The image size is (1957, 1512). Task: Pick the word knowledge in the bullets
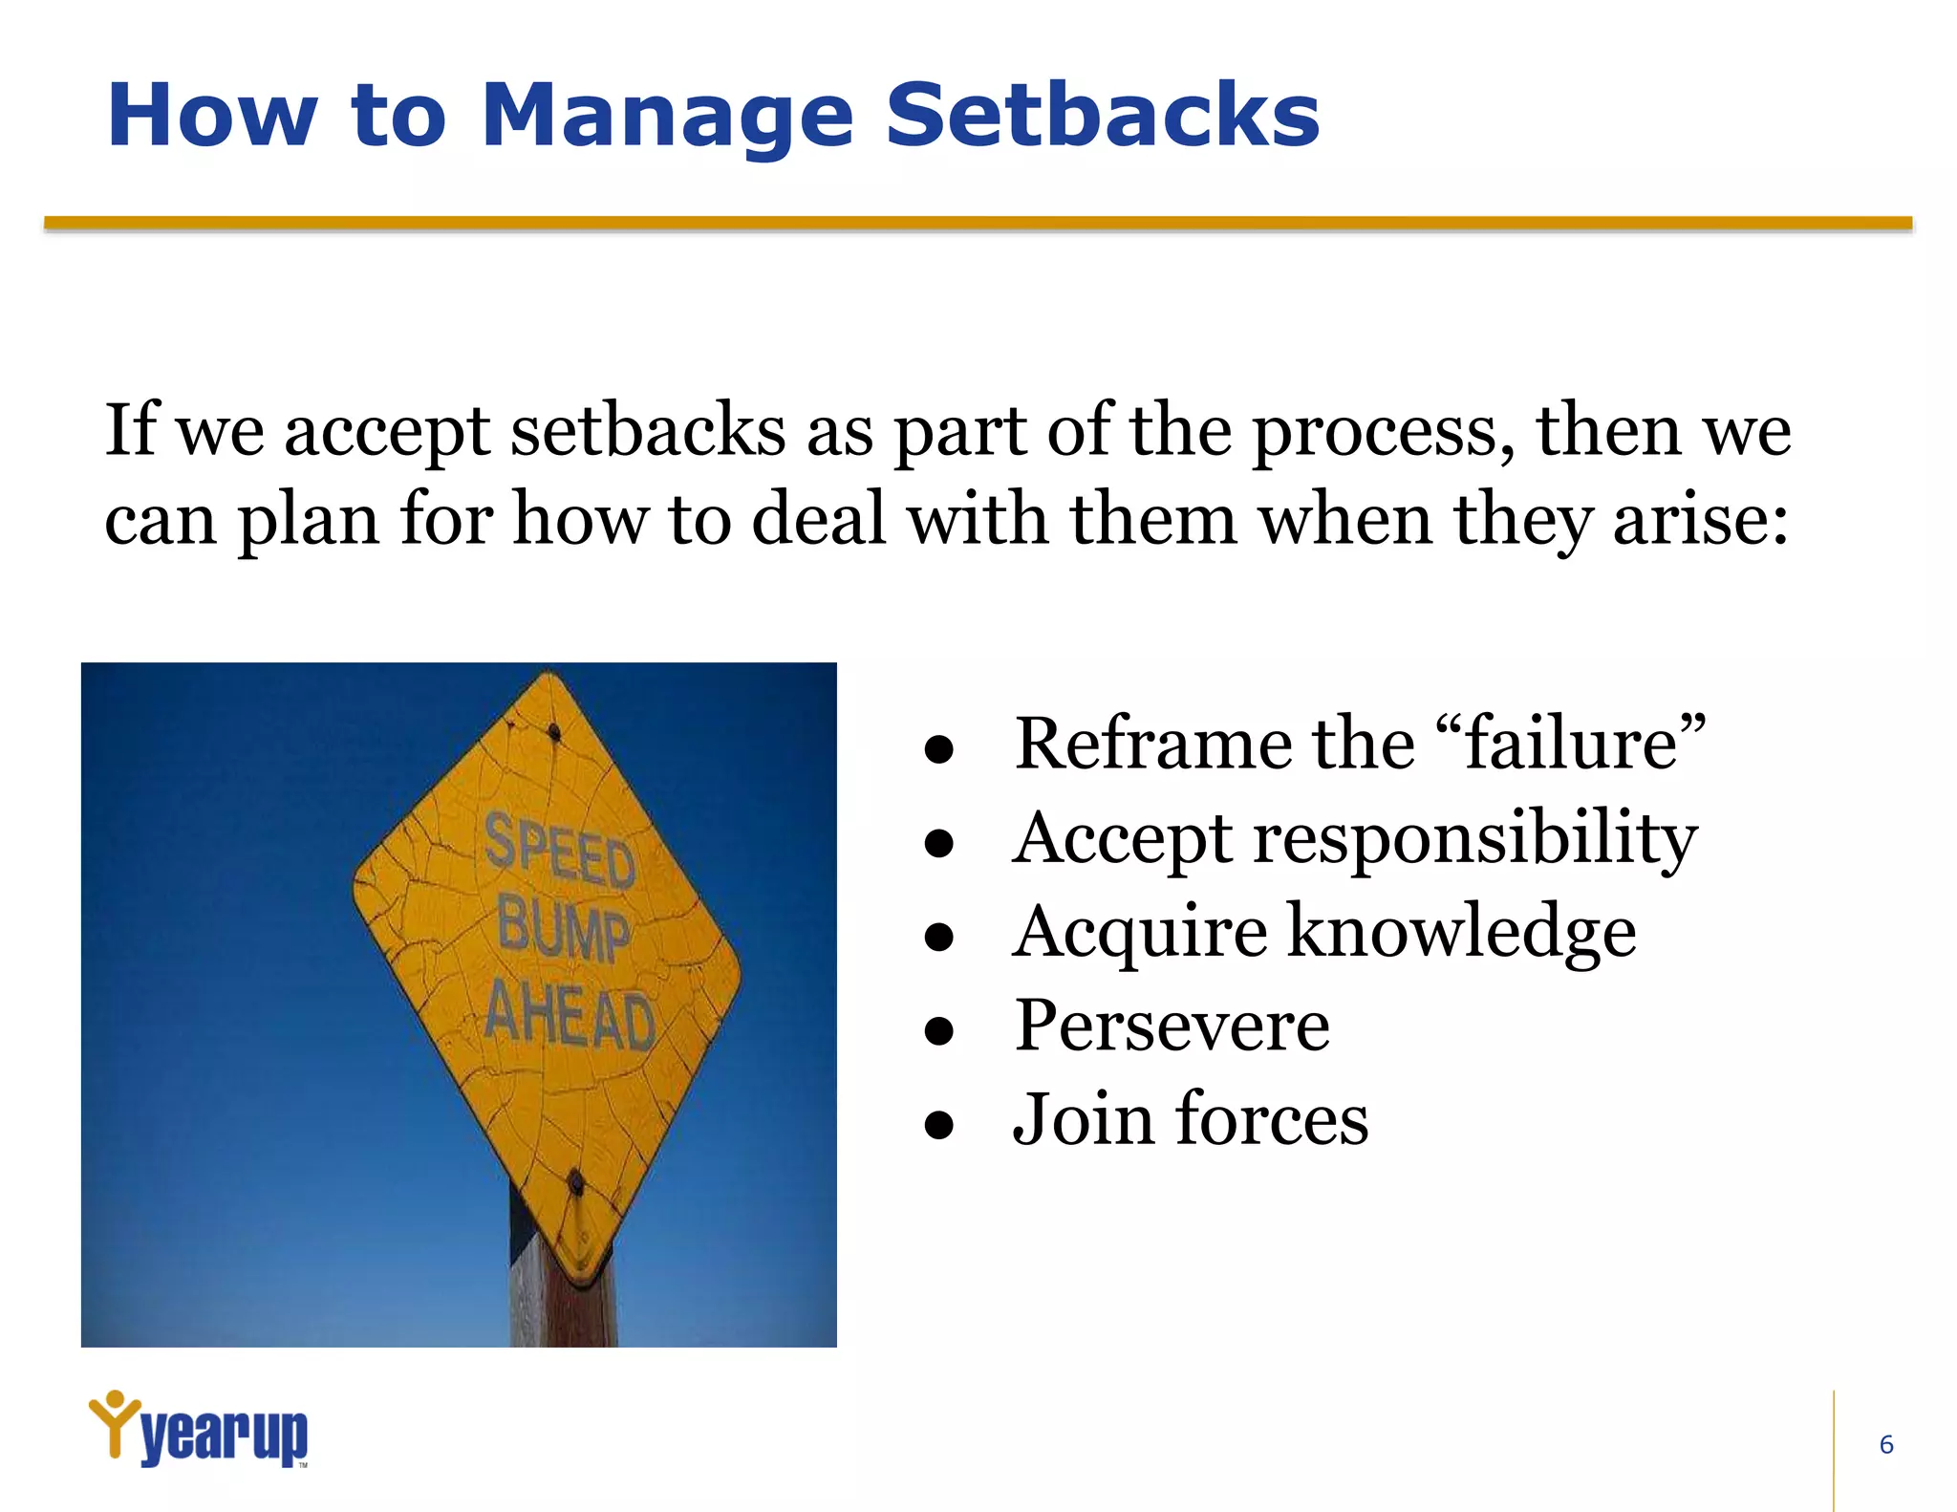coord(1461,932)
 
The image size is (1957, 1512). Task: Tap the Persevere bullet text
coord(1172,1026)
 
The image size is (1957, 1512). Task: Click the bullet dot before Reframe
coord(939,750)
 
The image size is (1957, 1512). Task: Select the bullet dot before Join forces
coord(939,1125)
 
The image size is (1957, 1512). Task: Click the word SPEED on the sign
coord(560,851)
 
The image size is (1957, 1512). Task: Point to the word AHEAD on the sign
coord(570,1018)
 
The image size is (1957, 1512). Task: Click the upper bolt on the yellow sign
coord(554,732)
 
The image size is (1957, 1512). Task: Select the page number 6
coord(1885,1444)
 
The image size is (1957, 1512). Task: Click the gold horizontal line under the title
coord(978,224)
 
